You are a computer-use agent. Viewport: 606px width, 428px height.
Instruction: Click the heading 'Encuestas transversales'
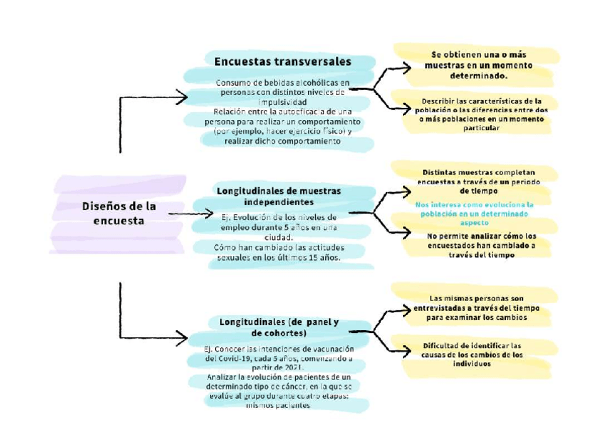click(282, 61)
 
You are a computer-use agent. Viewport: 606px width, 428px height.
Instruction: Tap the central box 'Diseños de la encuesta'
click(119, 213)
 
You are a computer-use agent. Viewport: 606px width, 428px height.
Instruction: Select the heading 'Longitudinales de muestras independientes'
click(278, 196)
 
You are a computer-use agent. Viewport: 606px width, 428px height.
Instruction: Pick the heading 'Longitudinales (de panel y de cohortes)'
click(279, 327)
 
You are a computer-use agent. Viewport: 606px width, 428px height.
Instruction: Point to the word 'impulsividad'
click(278, 101)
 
